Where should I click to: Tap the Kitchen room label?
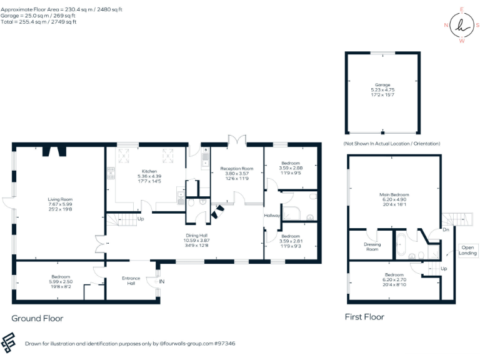(x=149, y=171)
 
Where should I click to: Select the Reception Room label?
(x=236, y=168)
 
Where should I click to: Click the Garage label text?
(x=382, y=85)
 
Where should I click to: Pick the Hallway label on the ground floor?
(x=272, y=216)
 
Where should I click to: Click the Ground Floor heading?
(x=37, y=318)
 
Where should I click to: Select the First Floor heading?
(x=364, y=317)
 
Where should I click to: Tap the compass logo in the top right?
(x=462, y=26)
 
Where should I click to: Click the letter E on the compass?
(x=462, y=9)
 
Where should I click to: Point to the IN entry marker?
(x=162, y=282)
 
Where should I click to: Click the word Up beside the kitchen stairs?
(x=141, y=219)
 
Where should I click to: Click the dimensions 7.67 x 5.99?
(x=61, y=204)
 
